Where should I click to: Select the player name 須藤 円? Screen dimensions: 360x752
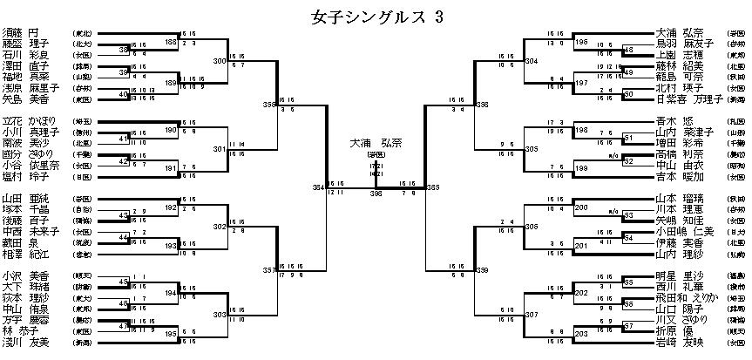click(26, 32)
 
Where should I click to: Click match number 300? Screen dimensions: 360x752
click(220, 61)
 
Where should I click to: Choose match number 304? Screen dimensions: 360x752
click(532, 61)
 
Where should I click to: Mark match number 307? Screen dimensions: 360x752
click(532, 314)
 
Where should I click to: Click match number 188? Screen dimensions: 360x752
click(171, 42)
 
